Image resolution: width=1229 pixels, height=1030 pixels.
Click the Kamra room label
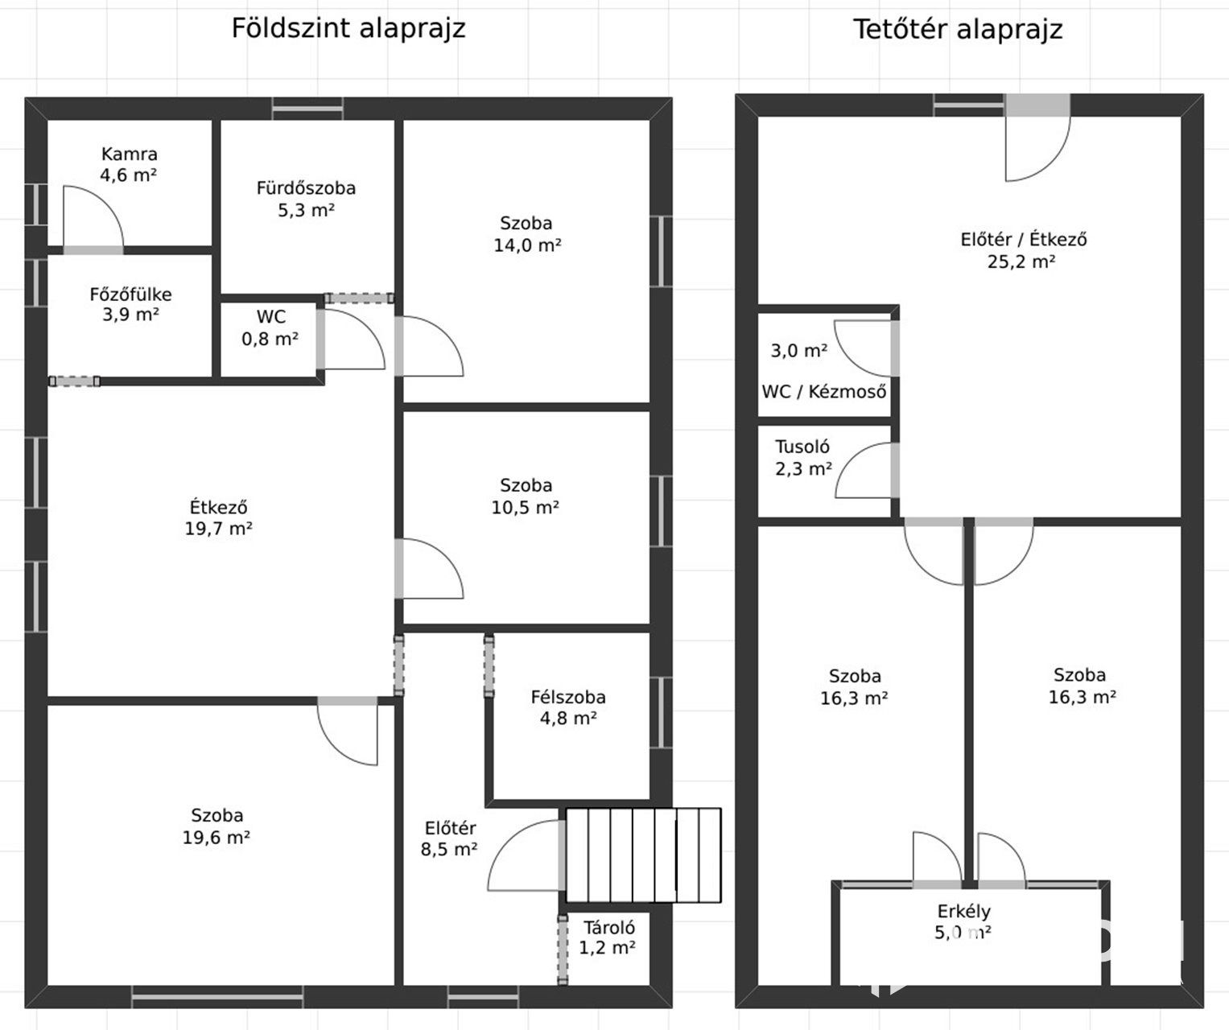tap(129, 164)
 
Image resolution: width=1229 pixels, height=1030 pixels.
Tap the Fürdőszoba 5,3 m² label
tap(306, 199)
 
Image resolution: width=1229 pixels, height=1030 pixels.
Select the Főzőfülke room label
tap(130, 304)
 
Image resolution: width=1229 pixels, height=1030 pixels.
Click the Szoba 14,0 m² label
tap(527, 234)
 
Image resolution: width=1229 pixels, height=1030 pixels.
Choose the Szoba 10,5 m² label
tap(526, 496)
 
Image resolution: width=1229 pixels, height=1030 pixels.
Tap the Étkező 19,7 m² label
tap(218, 518)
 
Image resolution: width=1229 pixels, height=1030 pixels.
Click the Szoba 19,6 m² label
tap(217, 826)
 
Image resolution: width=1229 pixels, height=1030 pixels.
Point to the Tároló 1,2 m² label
tap(608, 937)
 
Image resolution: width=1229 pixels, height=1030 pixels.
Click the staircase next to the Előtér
tap(643, 855)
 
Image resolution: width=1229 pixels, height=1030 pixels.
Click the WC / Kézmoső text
tap(823, 391)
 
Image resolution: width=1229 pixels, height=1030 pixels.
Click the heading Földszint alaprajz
tap(348, 27)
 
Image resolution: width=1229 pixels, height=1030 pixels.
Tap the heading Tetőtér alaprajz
tap(958, 29)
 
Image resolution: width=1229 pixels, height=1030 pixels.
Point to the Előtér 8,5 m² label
tap(449, 838)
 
